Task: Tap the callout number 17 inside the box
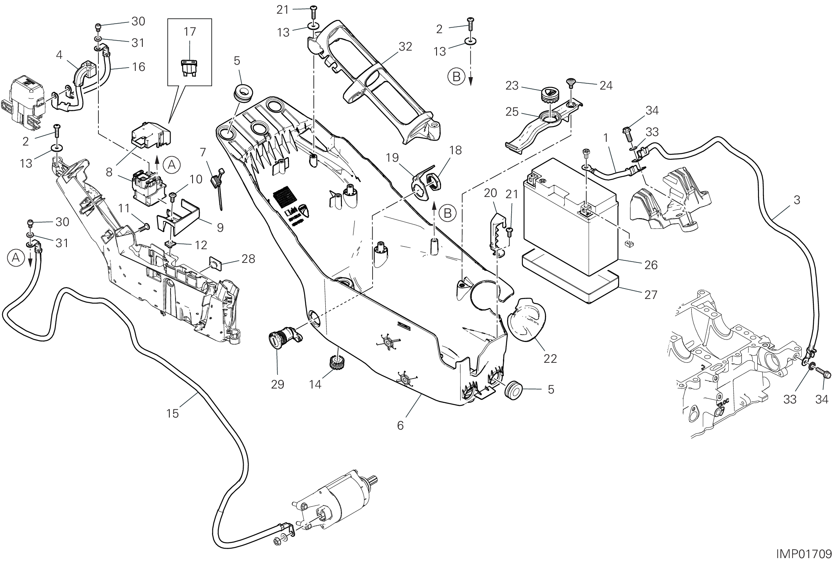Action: click(190, 32)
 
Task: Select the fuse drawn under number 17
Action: click(189, 67)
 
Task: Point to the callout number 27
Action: click(651, 294)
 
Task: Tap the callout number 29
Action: click(278, 384)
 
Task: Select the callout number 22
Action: click(550, 358)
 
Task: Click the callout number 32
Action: click(405, 47)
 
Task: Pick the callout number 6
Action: click(400, 425)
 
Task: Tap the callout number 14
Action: click(315, 384)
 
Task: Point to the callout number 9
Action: click(220, 227)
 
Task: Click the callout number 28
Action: click(248, 259)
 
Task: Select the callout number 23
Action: click(512, 85)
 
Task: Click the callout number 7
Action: click(203, 152)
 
